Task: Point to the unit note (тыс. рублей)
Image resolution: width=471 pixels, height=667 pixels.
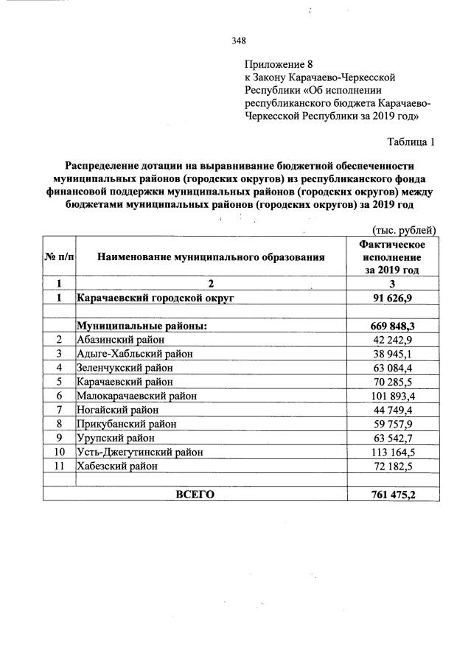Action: tap(405, 230)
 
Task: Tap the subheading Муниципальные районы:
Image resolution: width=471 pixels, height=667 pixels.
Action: tap(142, 325)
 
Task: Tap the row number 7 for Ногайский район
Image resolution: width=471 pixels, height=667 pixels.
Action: tap(59, 409)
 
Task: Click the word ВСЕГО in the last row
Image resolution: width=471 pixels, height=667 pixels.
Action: tap(195, 494)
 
